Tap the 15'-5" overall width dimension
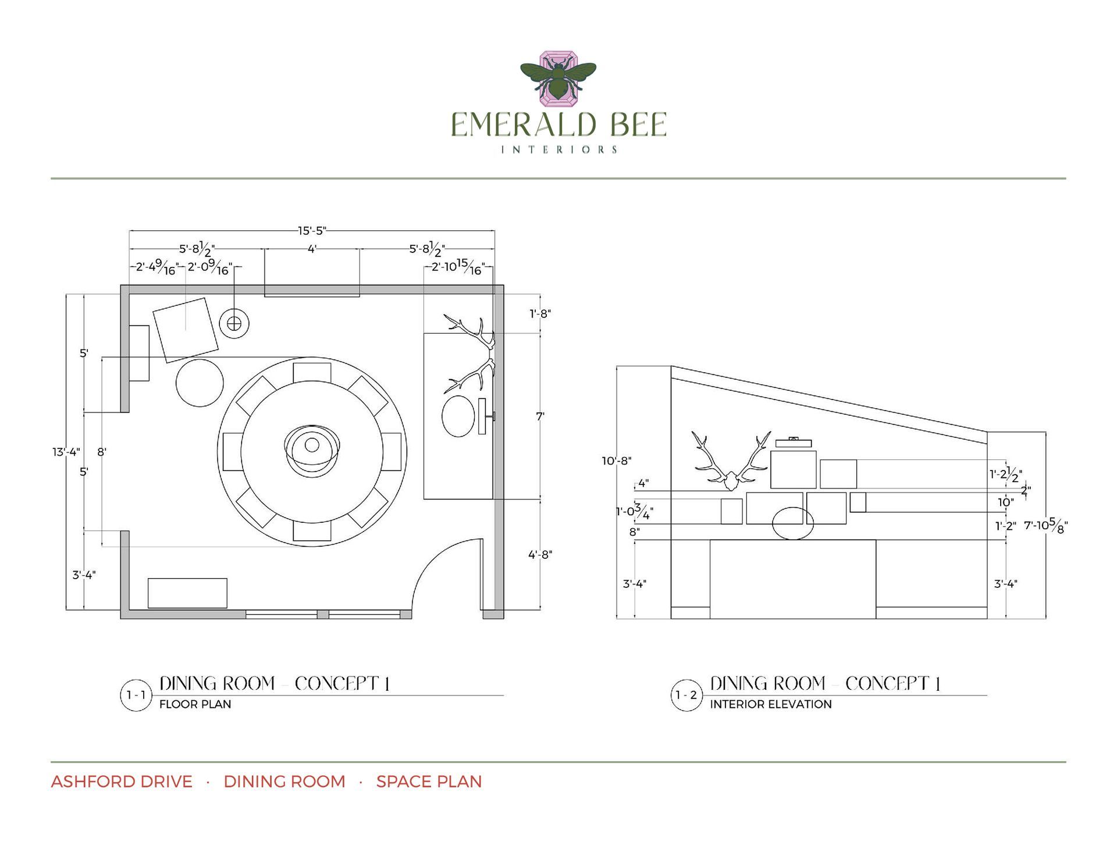(312, 231)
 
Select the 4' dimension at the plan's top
(312, 249)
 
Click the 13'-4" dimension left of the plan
(66, 452)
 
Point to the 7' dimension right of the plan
(540, 416)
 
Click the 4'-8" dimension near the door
(540, 555)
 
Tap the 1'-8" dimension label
(540, 314)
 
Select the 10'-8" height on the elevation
(616, 461)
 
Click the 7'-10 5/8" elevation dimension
(1045, 526)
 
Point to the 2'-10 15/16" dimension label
(457, 267)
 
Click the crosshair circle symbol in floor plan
(234, 323)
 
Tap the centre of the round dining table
(312, 445)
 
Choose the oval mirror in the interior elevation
(792, 523)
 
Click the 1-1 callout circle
(136, 695)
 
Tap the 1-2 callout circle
(686, 695)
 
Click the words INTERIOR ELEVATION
(770, 704)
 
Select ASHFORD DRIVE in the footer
(122, 782)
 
